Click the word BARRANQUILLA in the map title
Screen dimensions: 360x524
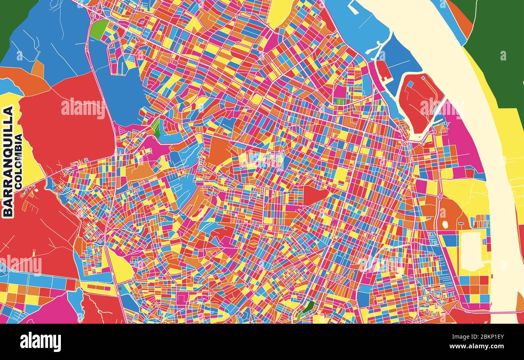[8, 162]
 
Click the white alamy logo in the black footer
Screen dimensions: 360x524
[40, 342]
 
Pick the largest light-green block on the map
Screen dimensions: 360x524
[99, 29]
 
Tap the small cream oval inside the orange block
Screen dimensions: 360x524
[445, 224]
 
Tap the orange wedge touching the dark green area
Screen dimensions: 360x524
[464, 18]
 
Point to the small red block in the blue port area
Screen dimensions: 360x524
[382, 70]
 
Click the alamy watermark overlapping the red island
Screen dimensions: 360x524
[441, 107]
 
